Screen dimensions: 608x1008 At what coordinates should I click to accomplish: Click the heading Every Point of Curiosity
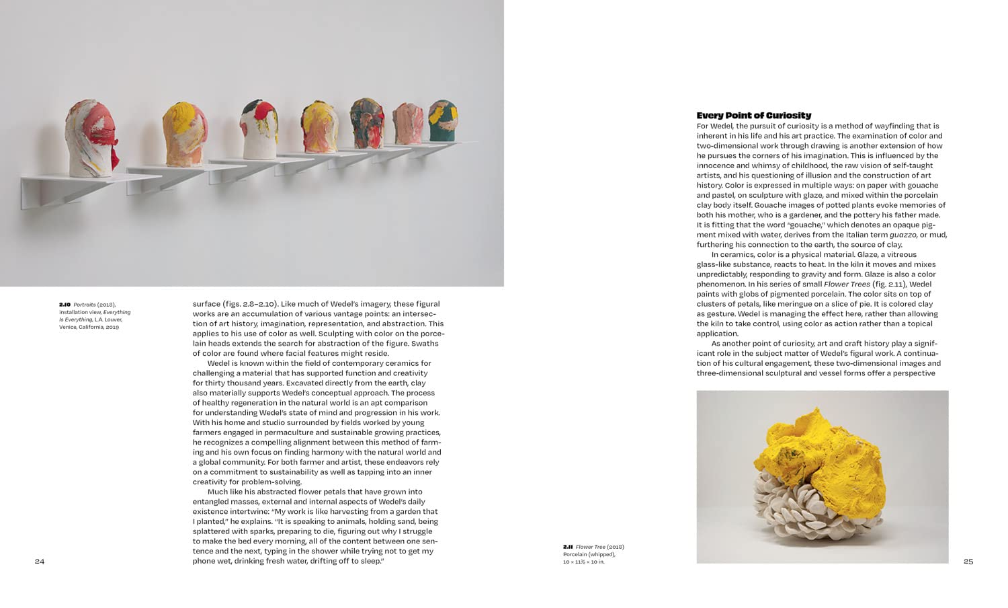(x=753, y=116)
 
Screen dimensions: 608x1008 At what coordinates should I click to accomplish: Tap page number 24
(x=40, y=562)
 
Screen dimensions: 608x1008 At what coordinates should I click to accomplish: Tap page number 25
(x=968, y=562)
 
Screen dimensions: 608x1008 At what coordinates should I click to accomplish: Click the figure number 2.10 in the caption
(x=65, y=305)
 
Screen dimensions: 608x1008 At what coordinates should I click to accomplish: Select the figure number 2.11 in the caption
(x=568, y=547)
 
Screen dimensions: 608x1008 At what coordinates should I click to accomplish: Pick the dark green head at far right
(x=442, y=121)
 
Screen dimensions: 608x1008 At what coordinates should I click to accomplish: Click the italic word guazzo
(x=903, y=235)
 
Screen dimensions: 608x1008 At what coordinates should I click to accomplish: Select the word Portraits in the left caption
(x=84, y=305)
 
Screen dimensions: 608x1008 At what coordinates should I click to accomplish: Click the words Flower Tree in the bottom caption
(x=590, y=547)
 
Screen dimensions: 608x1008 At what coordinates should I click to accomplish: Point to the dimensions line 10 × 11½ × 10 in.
(x=583, y=562)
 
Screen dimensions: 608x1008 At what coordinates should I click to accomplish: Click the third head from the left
(x=259, y=130)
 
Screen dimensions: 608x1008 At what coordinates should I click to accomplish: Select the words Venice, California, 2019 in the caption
(x=89, y=327)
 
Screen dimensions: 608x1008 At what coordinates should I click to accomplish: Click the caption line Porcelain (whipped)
(x=589, y=555)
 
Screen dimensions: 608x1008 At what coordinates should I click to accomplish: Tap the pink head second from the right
(x=407, y=123)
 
